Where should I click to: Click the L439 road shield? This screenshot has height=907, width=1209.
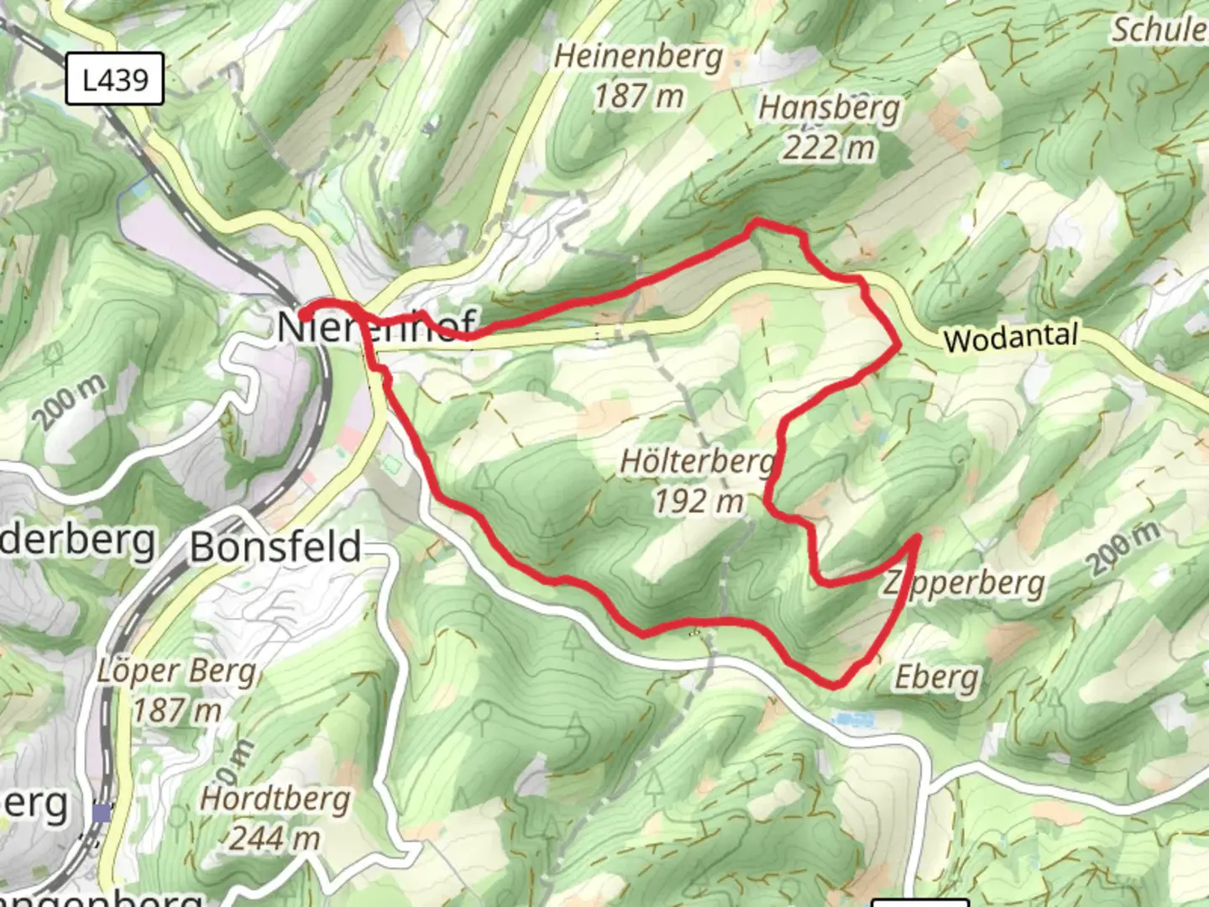pos(115,80)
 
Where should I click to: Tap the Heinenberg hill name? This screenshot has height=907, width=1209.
pos(638,57)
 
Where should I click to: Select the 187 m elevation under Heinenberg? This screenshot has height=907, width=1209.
pos(638,96)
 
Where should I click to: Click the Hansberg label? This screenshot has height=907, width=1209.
pos(829,108)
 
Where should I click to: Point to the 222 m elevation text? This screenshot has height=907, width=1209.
pos(829,148)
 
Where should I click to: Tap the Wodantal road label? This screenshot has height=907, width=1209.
pos(1010,338)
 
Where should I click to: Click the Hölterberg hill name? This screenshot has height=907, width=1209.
pos(697,461)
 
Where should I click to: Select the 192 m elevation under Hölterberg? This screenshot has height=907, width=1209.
pos(699,501)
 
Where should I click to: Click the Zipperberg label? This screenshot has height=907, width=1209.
pos(964,583)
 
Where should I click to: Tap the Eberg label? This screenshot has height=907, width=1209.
pos(936,677)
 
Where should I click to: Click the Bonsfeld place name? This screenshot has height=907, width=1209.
pos(275,547)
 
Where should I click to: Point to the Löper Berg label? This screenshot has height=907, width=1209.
pos(176,671)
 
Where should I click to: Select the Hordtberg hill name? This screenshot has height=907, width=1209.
pos(275,798)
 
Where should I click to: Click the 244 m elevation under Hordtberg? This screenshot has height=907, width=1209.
pos(275,837)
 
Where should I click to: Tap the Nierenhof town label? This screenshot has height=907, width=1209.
pos(376,326)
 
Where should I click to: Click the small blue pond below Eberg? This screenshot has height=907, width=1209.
pos(853,719)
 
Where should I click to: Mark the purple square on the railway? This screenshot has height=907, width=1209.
pos(102,812)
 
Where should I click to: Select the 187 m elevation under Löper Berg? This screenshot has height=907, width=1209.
pos(176,710)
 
